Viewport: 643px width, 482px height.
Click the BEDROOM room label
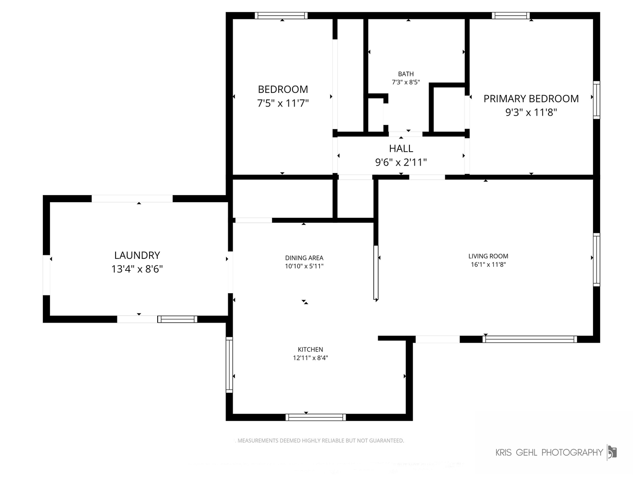tap(283, 89)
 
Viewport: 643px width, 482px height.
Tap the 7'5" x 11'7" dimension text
tap(283, 104)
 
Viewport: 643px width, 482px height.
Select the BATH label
tap(406, 74)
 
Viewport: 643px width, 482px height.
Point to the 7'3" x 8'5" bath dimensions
tap(406, 82)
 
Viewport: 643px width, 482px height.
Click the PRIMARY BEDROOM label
tap(531, 99)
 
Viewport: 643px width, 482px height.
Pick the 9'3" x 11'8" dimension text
tap(531, 112)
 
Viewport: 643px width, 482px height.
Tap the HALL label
tap(401, 149)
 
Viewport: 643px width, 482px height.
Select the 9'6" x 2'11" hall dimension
tap(401, 162)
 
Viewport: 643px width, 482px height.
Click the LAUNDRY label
tap(137, 255)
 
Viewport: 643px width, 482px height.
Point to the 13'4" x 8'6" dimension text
tap(137, 269)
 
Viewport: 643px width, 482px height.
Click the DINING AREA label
tap(304, 258)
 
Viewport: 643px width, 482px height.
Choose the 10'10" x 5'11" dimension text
tap(304, 266)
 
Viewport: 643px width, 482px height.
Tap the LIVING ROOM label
tap(488, 256)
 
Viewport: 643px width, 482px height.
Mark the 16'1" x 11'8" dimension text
tap(488, 265)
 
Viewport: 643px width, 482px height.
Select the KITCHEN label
tap(310, 350)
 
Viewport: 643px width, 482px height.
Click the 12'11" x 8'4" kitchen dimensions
tap(310, 358)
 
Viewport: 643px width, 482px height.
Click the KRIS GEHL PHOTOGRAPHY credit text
tap(549, 453)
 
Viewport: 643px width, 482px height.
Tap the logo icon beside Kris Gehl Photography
tap(612, 452)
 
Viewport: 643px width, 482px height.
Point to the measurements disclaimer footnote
tap(320, 440)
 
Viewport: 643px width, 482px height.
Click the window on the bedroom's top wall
tap(281, 16)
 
